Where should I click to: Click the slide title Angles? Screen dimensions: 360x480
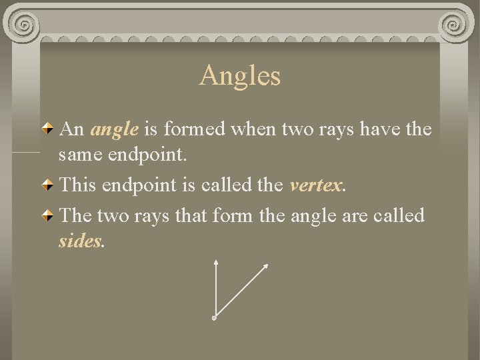[x=240, y=75]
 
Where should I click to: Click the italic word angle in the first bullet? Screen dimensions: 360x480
[x=115, y=129]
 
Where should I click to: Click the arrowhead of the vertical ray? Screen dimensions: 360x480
[x=215, y=265]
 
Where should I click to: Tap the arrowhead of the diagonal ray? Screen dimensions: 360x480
[x=266, y=266]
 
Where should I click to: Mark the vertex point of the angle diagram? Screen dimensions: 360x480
[x=214, y=319]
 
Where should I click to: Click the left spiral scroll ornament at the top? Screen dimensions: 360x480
[x=25, y=25]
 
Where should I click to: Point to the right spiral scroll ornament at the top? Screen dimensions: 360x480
[x=455, y=25]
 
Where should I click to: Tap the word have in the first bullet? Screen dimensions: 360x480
[x=378, y=129]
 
